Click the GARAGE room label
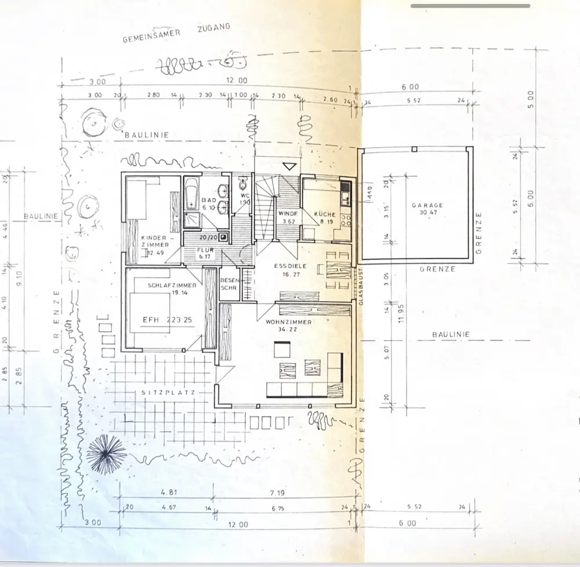[427, 205]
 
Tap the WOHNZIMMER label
[289, 322]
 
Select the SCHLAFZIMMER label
[171, 285]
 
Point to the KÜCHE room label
[325, 214]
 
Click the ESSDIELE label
[290, 265]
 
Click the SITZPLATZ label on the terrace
[167, 392]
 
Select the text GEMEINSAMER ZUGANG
[176, 34]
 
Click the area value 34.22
[288, 330]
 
